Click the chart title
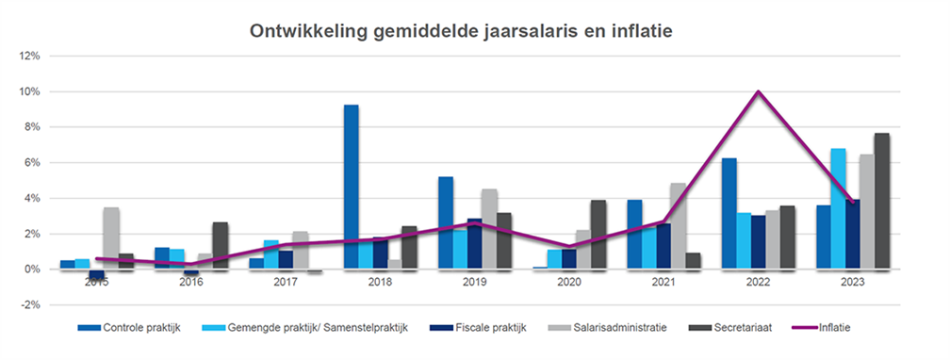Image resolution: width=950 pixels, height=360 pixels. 460,31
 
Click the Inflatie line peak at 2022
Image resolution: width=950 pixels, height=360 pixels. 758,92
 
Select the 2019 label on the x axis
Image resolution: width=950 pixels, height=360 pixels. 474,281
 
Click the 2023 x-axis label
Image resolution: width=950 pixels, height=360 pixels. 851,281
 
